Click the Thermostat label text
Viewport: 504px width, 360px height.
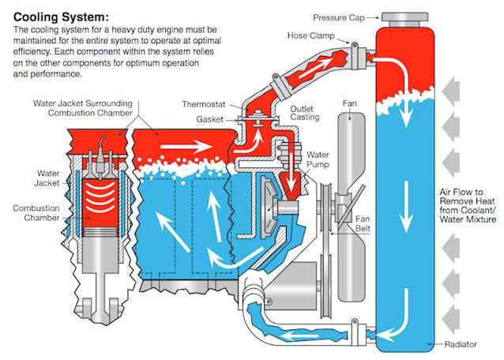click(x=202, y=103)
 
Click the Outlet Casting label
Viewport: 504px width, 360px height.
click(x=304, y=113)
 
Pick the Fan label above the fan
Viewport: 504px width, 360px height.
click(x=348, y=103)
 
